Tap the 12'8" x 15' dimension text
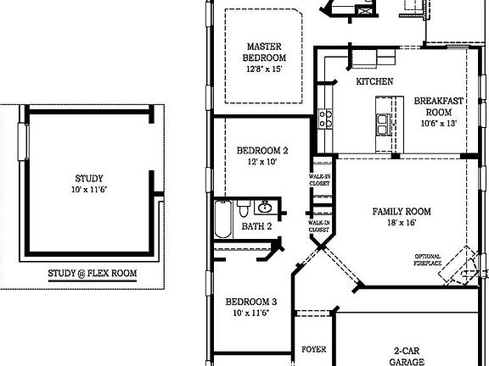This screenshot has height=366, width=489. pyautogui.click(x=264, y=69)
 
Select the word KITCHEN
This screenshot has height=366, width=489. pyautogui.click(x=374, y=81)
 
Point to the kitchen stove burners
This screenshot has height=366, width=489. pyautogui.click(x=325, y=119)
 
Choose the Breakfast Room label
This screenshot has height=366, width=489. pyautogui.click(x=439, y=106)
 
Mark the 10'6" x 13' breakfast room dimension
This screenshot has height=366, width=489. pyautogui.click(x=439, y=123)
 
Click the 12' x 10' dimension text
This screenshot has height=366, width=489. pyautogui.click(x=261, y=161)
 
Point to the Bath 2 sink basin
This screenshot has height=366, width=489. pyautogui.click(x=265, y=208)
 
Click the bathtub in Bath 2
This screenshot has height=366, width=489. pyautogui.click(x=222, y=219)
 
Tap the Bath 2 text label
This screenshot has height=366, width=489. pyautogui.click(x=256, y=226)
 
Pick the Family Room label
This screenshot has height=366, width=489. pyautogui.click(x=402, y=211)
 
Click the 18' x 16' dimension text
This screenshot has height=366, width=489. pyautogui.click(x=402, y=223)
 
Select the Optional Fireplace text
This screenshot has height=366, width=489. pyautogui.click(x=428, y=259)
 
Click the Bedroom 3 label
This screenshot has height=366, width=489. pyautogui.click(x=250, y=302)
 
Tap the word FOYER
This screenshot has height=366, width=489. pyautogui.click(x=314, y=349)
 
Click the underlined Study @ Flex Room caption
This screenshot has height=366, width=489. pyautogui.click(x=92, y=274)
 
